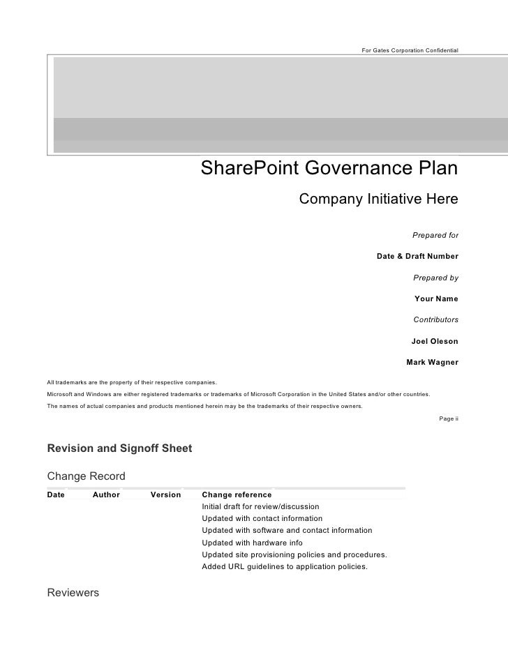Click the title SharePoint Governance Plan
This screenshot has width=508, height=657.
tap(329, 169)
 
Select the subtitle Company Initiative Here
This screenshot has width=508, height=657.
tap(378, 199)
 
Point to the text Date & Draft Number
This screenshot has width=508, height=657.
tap(417, 256)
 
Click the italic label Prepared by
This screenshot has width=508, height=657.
tap(435, 278)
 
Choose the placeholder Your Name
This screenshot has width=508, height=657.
tap(436, 299)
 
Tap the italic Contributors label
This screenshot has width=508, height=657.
tap(435, 319)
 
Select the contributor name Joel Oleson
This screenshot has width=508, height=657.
tap(435, 342)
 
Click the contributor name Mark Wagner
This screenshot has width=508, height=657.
tap(432, 363)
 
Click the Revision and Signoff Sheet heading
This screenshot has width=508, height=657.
tap(119, 448)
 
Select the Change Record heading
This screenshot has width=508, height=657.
tap(86, 476)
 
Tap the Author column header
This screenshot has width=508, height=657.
tap(106, 494)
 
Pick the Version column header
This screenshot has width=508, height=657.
tap(165, 494)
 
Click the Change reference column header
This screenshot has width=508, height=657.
tap(237, 494)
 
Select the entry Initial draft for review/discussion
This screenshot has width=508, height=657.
tap(260, 506)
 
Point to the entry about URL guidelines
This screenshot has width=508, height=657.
tap(284, 567)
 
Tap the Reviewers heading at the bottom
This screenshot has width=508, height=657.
tap(73, 594)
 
